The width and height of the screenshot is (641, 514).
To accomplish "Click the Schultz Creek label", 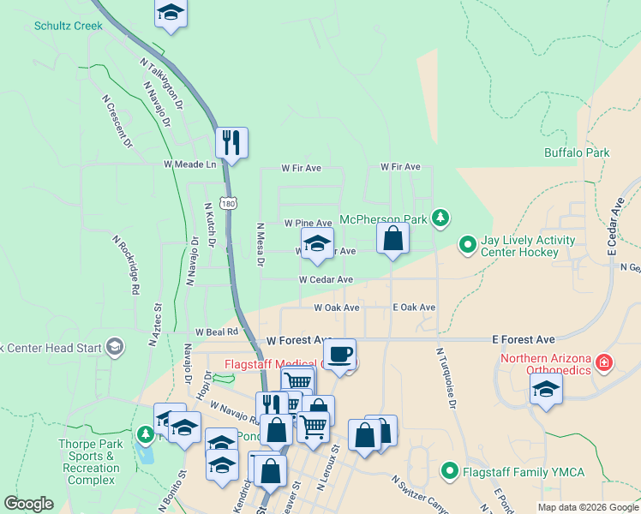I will (x=69, y=26).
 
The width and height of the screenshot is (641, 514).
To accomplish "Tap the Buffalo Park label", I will (x=577, y=152).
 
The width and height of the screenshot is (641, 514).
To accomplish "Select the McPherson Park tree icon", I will (x=440, y=218).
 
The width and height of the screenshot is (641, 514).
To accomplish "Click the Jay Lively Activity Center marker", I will (x=467, y=245).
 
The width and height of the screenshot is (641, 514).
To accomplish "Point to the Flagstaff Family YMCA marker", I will (x=449, y=469).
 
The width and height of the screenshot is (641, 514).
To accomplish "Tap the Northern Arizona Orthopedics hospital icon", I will (x=605, y=362).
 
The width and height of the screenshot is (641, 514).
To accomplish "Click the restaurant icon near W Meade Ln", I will (x=231, y=142).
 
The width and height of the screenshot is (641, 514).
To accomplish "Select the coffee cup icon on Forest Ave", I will (x=340, y=353).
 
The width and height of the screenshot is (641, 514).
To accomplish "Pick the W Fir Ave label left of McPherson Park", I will (x=302, y=168).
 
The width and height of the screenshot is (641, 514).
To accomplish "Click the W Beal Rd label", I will (x=216, y=332).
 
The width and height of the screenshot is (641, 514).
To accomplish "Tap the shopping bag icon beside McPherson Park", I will (x=392, y=237).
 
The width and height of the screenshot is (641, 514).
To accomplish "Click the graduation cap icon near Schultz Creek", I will (x=171, y=13).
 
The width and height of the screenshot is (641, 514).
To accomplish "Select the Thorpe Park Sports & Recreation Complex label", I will (x=89, y=462).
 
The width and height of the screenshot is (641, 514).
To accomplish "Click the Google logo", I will (x=29, y=504).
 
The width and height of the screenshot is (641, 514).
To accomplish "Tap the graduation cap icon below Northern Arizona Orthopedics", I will (x=544, y=390).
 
